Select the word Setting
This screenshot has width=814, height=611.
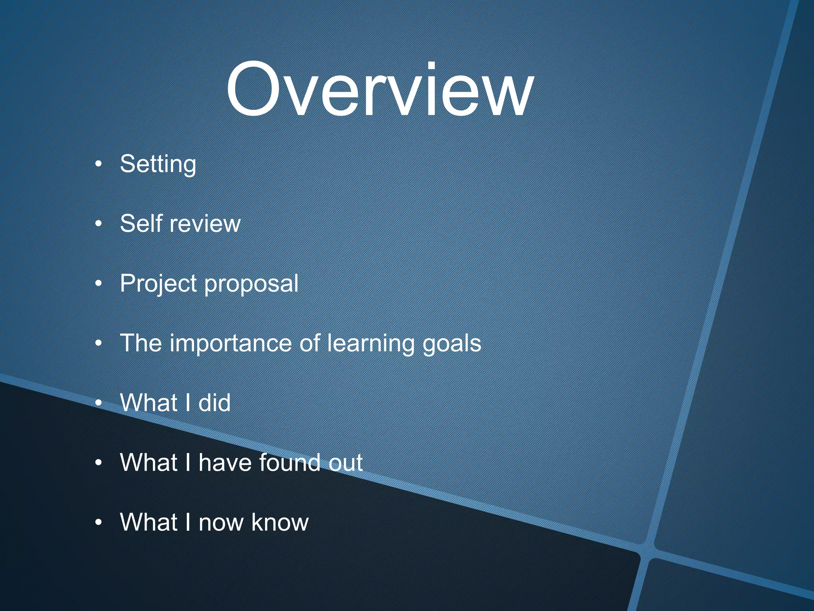tap(158, 164)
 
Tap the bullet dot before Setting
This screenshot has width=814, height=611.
tap(99, 164)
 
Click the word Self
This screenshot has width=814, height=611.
tap(141, 223)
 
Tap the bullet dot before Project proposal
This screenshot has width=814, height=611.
tap(99, 284)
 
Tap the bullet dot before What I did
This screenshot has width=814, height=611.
tap(99, 403)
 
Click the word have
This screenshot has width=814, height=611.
tap(225, 463)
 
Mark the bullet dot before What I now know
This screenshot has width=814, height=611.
tap(99, 522)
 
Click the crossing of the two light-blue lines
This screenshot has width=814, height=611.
tap(647, 551)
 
